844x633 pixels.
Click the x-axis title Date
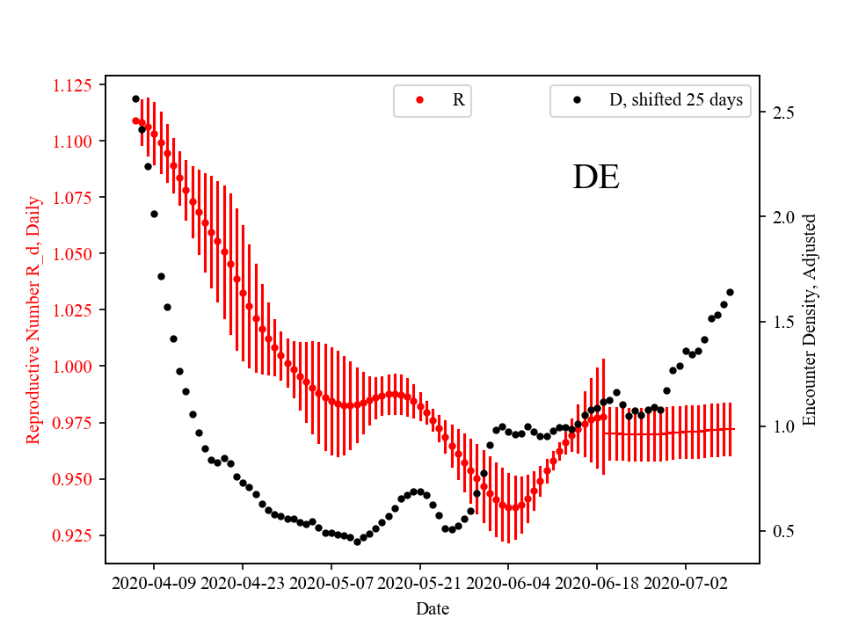coord(433,608)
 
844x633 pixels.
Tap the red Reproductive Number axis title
coord(33,319)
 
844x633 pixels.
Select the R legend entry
coord(458,100)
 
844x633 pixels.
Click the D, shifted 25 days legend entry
coord(675,100)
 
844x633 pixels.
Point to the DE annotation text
coord(596,178)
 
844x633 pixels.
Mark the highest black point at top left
coord(135,98)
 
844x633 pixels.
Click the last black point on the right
coord(730,292)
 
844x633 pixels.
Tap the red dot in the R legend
coord(419,100)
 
